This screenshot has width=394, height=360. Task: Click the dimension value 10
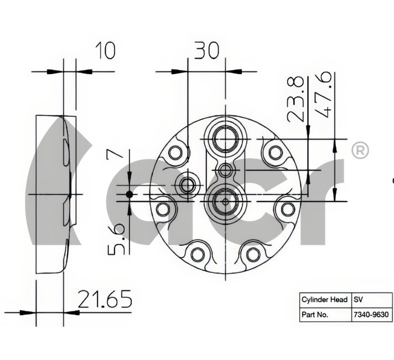105,50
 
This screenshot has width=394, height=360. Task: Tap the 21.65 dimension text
105,299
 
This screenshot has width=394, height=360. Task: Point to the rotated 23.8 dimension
295,99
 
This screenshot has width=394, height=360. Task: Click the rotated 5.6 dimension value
116,239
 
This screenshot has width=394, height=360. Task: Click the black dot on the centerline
129,194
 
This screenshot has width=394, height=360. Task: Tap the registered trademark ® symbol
360,151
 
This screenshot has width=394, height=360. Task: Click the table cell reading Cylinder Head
325,300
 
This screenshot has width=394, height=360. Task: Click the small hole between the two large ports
225,171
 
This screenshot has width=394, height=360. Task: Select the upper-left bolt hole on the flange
175,153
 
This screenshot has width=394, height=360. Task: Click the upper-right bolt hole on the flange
276,152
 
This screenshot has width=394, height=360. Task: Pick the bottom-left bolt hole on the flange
198,254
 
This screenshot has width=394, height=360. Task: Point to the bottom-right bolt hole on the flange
253,254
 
